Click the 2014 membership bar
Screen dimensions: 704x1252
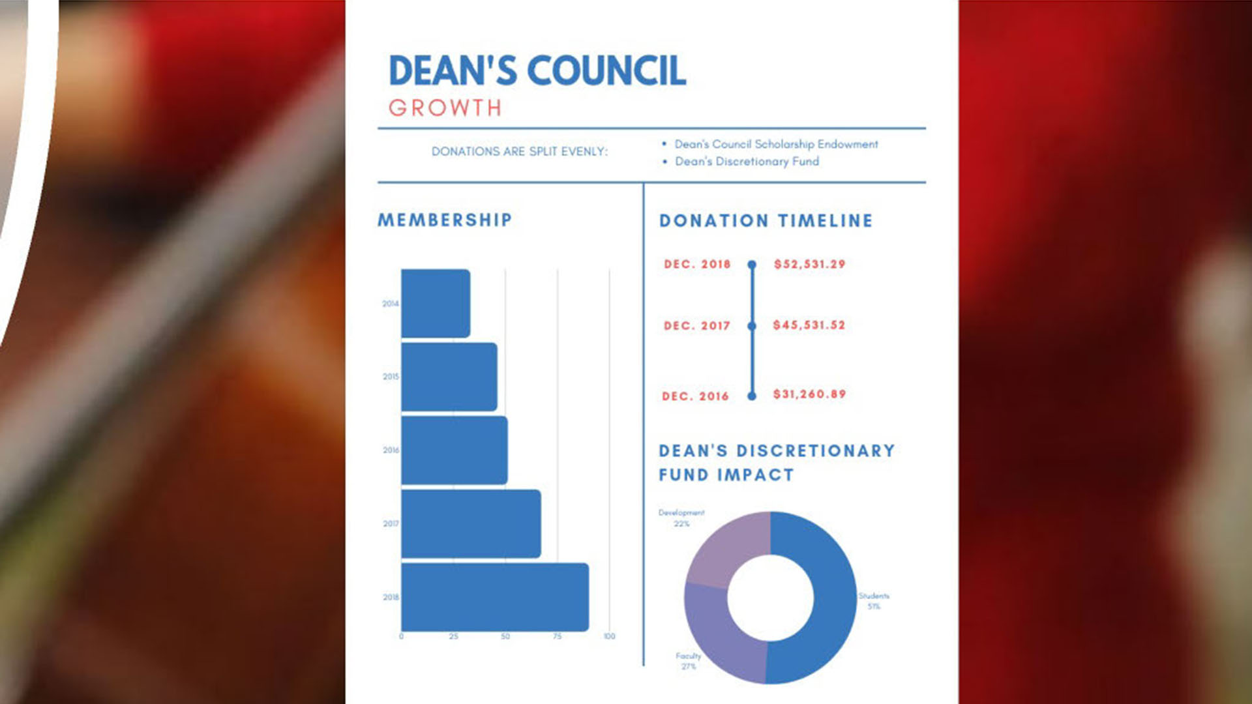[x=435, y=303]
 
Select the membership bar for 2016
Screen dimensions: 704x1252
[x=454, y=450]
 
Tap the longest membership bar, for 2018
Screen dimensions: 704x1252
[x=494, y=597]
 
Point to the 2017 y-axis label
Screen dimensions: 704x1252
[x=391, y=523]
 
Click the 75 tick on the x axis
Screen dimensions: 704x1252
[x=557, y=636]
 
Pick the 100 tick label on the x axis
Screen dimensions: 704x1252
[x=609, y=636]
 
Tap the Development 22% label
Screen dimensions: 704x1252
[x=681, y=518]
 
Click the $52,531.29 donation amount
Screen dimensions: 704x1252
[x=809, y=264]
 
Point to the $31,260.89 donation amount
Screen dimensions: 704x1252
[x=809, y=394]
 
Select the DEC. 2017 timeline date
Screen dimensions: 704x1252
[x=696, y=325]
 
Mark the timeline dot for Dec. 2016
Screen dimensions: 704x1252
[x=752, y=396]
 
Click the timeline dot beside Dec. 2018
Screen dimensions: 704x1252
[x=752, y=265]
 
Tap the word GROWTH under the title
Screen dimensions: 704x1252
[x=445, y=108]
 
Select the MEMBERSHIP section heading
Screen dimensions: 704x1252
[x=445, y=220]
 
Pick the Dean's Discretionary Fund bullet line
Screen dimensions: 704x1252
[x=747, y=162]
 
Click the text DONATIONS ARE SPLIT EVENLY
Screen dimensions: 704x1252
[x=519, y=152]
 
